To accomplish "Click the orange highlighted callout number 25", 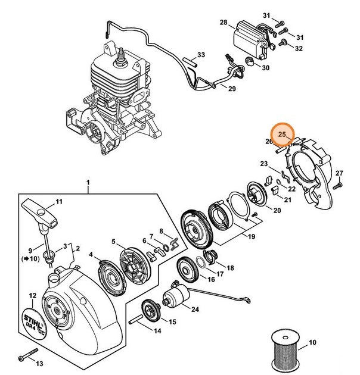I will pos(282,135).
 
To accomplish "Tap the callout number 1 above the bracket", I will pos(88,182).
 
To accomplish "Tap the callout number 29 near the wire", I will pos(231,89).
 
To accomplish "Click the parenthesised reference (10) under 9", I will pos(30,260).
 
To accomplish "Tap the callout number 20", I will pos(277,211).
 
